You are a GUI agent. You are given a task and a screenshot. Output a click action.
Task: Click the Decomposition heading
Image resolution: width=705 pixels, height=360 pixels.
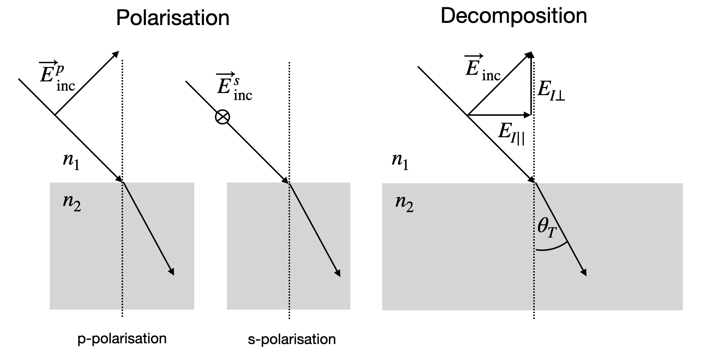(x=513, y=16)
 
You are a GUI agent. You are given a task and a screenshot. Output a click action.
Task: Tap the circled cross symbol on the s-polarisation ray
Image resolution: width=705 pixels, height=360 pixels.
(x=222, y=117)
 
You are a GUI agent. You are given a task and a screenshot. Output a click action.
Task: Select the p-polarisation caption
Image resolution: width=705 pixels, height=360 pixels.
(x=122, y=339)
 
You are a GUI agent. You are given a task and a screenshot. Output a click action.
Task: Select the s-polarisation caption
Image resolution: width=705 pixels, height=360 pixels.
(x=292, y=339)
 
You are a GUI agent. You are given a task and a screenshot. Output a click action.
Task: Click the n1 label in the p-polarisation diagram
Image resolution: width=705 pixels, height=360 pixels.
(x=71, y=160)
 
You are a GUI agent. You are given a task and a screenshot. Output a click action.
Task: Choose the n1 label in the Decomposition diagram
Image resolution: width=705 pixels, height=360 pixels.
(x=400, y=160)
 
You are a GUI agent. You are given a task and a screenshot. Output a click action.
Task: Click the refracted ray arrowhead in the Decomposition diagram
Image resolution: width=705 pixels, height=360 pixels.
(x=584, y=273)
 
